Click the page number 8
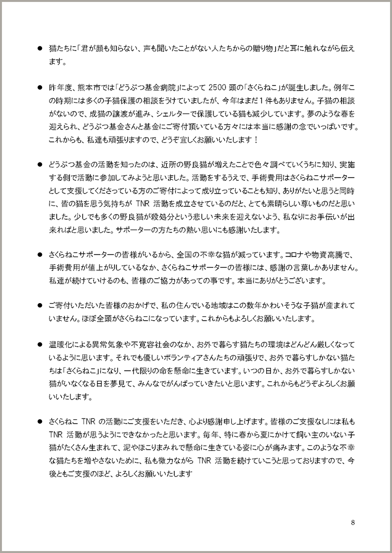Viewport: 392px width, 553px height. coord(352,522)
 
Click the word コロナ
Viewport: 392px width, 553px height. coord(298,255)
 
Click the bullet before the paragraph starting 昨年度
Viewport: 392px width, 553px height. coord(39,88)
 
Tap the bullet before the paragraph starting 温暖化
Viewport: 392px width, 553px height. coord(39,345)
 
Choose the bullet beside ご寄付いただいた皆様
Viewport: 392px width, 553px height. coord(39,306)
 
